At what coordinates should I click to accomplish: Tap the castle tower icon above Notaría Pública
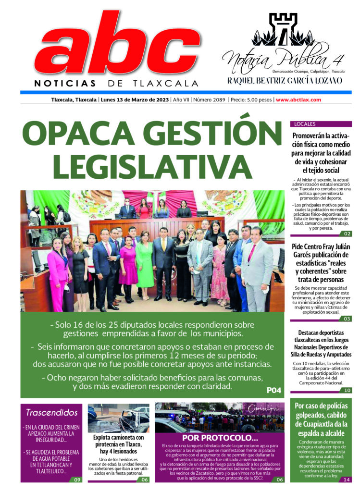click(x=283, y=29)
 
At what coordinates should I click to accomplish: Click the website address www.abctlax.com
click(x=298, y=100)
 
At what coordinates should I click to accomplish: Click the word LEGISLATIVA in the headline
click(x=138, y=166)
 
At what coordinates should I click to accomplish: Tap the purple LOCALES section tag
click(x=303, y=124)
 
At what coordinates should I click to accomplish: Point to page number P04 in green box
click(x=273, y=390)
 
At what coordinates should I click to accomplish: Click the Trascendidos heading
click(x=51, y=412)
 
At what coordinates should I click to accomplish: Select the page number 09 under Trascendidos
click(x=77, y=479)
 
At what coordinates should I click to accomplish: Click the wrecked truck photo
click(x=118, y=418)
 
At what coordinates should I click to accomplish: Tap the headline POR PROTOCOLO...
click(x=220, y=438)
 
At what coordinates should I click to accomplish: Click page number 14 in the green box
click(x=347, y=479)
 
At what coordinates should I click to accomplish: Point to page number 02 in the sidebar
click(x=347, y=234)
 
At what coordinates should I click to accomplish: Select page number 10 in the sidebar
click(x=347, y=390)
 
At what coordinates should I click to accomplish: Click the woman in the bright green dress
click(x=144, y=264)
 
